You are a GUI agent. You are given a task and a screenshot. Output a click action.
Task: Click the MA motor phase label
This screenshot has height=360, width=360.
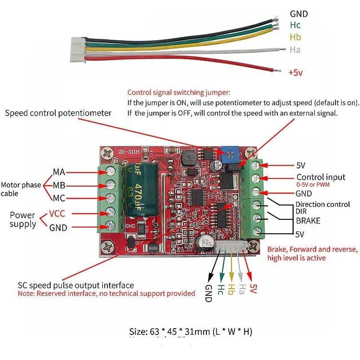tap(59, 172)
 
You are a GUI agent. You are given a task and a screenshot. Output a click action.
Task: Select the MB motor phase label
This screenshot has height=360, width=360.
tap(59, 185)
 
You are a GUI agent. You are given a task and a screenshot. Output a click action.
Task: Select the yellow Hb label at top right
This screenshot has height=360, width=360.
tap(295, 37)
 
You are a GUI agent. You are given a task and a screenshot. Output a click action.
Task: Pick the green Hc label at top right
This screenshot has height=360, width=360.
tap(295, 25)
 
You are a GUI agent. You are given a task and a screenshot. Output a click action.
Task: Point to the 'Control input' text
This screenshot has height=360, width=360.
tap(321, 177)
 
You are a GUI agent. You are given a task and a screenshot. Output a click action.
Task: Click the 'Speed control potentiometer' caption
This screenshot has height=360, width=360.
tap(58, 113)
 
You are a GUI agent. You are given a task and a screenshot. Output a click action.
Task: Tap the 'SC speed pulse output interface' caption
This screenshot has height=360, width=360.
tap(76, 286)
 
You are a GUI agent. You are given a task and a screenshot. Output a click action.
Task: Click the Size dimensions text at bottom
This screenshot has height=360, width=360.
tap(191, 331)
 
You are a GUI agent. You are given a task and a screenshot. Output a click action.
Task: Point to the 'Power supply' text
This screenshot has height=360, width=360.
tap(23, 219)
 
